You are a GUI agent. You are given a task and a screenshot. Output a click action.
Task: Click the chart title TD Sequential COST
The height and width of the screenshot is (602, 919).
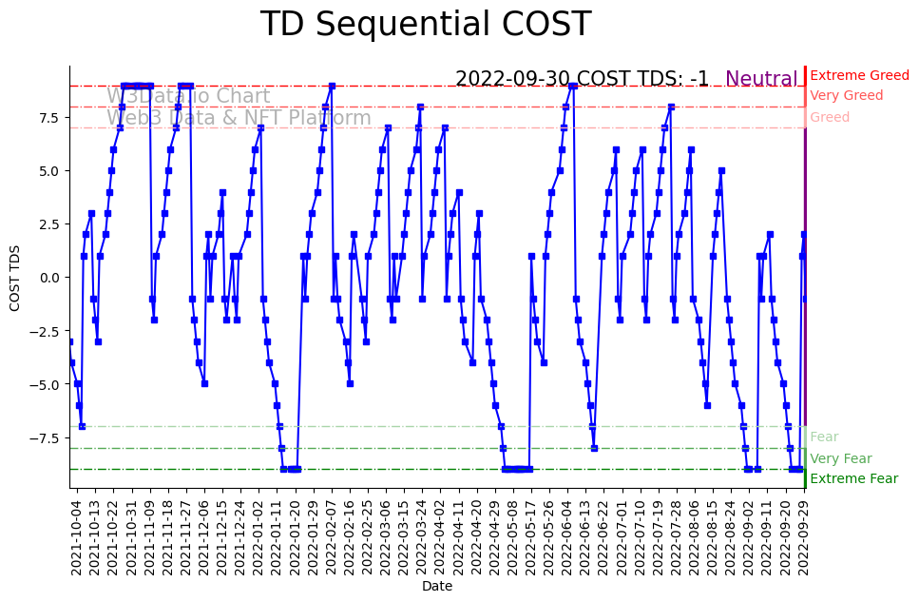[x=425, y=25]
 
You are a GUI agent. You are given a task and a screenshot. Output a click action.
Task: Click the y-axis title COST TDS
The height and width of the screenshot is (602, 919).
[x=14, y=276]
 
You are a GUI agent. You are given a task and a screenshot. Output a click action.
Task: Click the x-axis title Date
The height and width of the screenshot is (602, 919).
[x=437, y=587]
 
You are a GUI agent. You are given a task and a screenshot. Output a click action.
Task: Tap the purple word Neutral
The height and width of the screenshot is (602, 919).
[x=761, y=79]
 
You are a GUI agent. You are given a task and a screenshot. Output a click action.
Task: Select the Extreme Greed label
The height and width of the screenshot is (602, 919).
[x=859, y=75]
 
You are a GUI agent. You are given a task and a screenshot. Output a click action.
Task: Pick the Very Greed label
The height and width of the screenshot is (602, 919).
[x=846, y=95]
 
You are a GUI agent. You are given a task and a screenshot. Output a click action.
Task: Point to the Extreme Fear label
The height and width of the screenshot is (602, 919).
[x=853, y=478]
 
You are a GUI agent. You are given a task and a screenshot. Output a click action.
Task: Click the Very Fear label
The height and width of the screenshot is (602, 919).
[x=840, y=458]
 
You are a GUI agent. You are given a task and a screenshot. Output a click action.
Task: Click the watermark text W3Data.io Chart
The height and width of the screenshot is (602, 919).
[x=188, y=96]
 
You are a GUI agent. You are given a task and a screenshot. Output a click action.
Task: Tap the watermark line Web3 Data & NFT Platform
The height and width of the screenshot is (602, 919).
[x=239, y=118]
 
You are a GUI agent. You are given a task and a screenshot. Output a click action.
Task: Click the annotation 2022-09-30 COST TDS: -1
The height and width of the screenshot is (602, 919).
[x=582, y=79]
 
